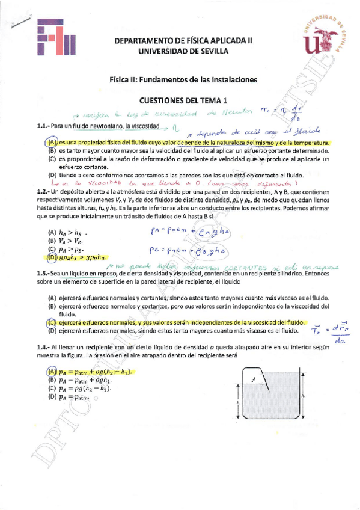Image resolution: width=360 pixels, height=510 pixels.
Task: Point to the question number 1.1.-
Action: point(42,127)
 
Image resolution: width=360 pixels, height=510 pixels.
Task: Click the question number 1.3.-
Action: point(42,272)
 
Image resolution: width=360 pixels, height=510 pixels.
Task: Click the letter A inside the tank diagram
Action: point(254,379)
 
